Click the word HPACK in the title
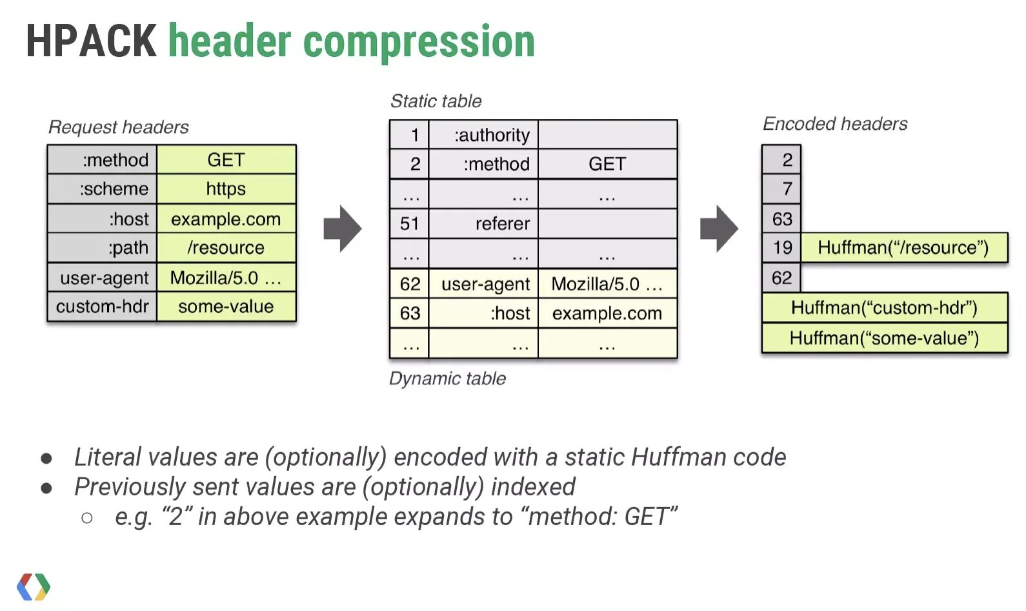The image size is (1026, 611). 91,42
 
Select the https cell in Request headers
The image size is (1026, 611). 226,189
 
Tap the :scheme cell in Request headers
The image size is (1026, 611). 103,189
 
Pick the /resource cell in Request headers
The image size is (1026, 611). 226,248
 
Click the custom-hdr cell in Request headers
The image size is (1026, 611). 103,307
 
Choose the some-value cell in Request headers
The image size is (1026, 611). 226,307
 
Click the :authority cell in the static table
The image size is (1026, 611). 484,135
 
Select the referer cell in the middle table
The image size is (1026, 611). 484,224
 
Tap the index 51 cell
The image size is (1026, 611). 409,224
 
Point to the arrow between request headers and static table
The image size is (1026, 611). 343,229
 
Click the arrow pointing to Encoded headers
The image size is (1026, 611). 719,229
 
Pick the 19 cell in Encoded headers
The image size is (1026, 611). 781,248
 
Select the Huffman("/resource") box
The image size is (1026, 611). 903,248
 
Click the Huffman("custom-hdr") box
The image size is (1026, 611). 884,308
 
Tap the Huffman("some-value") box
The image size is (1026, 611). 884,338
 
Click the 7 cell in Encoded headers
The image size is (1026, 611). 781,189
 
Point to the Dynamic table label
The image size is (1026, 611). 447,378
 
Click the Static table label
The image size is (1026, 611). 436,101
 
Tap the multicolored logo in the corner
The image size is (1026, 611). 34,586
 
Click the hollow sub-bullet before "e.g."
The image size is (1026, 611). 87,517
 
